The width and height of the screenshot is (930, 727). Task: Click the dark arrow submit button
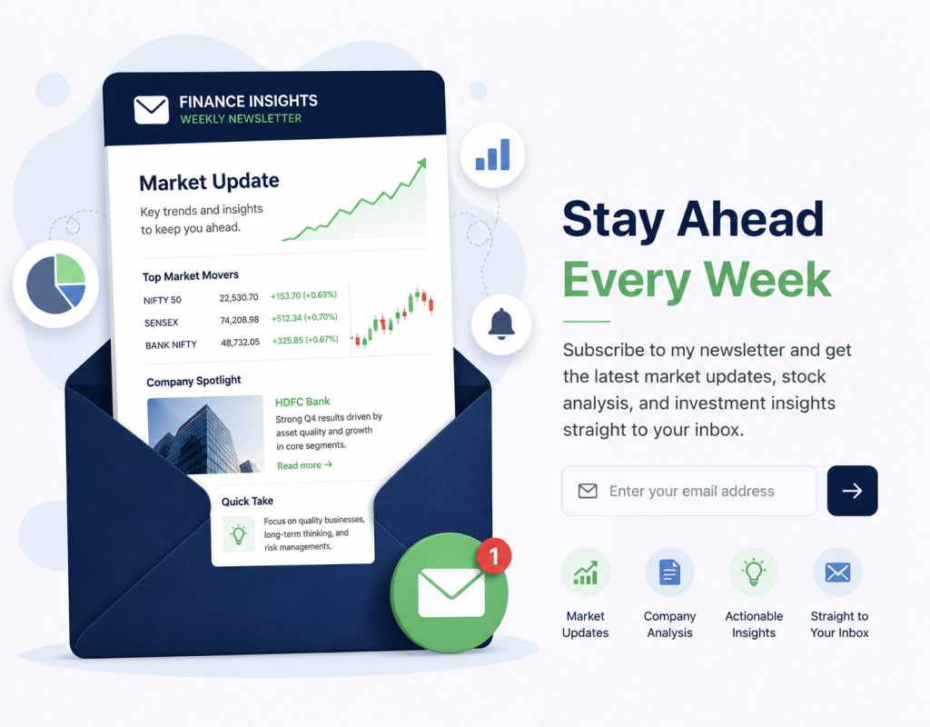pos(852,491)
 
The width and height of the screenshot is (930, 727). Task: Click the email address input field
pos(689,491)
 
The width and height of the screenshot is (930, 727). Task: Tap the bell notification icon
pos(501,324)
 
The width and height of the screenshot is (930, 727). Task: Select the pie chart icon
pos(55,284)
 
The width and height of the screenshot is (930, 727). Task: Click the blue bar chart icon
pos(493,154)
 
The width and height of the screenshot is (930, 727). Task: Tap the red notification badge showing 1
pos(493,555)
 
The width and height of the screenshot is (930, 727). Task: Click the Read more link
pos(304,465)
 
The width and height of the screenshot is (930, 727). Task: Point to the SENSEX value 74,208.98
pos(240,320)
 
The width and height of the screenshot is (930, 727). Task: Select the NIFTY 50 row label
pos(162,300)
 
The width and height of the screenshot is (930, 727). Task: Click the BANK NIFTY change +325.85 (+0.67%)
pos(305,340)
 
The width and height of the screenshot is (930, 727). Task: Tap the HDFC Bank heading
pos(302,402)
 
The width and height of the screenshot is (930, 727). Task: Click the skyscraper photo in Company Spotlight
pos(205,433)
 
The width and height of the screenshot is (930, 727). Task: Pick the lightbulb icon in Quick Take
pos(239,534)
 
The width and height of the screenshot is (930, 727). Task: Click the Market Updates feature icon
pos(586,573)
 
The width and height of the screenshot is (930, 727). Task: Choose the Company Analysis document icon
pos(669,573)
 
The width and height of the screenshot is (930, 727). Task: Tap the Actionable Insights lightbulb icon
pos(753,573)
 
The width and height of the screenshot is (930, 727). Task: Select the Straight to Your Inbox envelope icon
pos(837,573)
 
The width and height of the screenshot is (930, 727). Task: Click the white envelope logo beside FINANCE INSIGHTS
pos(152,110)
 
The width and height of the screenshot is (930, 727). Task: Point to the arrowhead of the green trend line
pos(421,164)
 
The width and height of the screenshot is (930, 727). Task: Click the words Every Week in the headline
pos(697,279)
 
